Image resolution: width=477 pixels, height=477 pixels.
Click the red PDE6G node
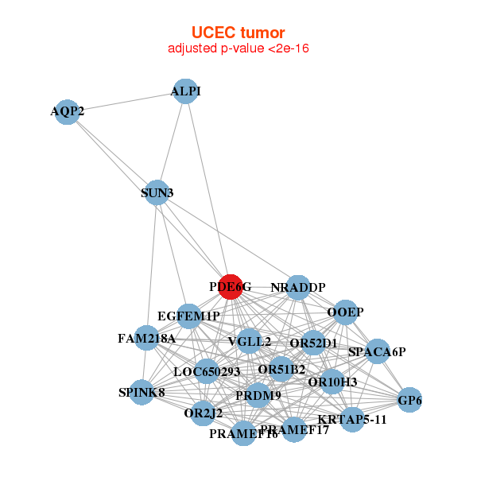click(230, 287)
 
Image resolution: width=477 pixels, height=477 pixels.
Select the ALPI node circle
click(184, 91)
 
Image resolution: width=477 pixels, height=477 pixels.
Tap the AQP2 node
click(67, 111)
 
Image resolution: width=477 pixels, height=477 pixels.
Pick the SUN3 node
click(157, 192)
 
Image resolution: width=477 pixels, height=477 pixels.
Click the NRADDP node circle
click(297, 287)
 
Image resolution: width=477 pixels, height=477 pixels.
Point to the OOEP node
click(345, 312)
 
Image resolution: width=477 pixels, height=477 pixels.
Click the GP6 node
click(409, 401)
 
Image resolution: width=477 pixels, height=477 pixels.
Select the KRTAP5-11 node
click(352, 419)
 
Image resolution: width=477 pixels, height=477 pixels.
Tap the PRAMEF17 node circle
click(294, 430)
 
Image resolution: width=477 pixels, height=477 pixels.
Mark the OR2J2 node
click(204, 413)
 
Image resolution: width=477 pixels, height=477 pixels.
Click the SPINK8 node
click(142, 392)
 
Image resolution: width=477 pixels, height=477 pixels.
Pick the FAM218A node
click(146, 338)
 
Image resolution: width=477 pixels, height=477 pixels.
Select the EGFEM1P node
click(188, 316)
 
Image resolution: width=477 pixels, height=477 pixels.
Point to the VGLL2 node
click(249, 342)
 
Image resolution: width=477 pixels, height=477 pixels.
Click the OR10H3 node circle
click(332, 382)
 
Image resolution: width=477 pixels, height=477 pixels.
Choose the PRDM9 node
click(258, 395)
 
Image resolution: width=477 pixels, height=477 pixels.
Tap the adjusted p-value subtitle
click(238, 48)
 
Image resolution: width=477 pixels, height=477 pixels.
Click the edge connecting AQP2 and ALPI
click(126, 102)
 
